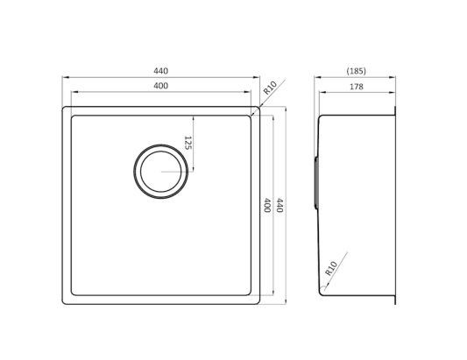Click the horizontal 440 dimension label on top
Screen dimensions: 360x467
[x=160, y=71]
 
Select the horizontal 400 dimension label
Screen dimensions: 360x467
[x=160, y=85]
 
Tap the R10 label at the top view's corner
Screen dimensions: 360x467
[x=270, y=88]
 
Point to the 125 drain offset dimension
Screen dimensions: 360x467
[x=188, y=139]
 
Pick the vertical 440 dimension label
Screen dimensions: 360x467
[x=279, y=207]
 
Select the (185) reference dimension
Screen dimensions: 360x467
[x=356, y=71]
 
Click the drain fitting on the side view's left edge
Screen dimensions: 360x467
[x=315, y=181]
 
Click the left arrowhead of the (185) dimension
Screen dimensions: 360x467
[x=317, y=77]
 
